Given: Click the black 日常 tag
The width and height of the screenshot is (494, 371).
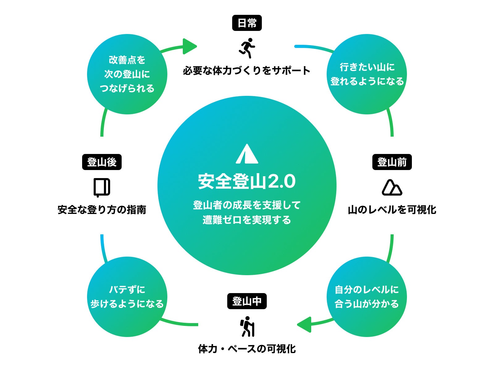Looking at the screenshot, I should pos(247,23).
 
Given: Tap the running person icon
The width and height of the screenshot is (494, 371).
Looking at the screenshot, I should pos(247,48).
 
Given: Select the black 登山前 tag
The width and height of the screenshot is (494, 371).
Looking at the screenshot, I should pos(392,162).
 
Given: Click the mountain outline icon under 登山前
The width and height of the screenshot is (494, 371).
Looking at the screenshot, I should pos(392,187).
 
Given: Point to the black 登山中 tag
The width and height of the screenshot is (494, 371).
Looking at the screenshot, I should pos(247,301).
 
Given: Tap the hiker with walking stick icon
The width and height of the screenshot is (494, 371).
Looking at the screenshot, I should pos(247,326).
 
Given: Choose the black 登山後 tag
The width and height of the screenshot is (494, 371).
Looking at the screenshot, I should pos(102,162).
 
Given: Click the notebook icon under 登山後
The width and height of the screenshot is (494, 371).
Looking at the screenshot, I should pos(102,187).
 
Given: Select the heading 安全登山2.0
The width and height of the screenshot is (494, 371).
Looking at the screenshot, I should pos(247,181).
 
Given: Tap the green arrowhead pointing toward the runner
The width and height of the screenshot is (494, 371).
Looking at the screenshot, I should pos(189,46).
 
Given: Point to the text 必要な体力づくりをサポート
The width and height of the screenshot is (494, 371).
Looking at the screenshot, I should pos(247,70).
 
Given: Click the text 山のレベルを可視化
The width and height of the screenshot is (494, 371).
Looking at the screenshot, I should pos(392,210).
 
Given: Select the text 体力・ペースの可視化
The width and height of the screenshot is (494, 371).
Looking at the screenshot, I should pos(247,349).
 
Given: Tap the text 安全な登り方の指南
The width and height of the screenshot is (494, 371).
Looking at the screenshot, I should pos(102,210).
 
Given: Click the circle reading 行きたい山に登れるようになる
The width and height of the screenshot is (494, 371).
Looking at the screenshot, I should pos(367,74).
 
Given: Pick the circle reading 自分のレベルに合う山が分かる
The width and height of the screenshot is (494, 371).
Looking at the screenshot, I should pos(367,297).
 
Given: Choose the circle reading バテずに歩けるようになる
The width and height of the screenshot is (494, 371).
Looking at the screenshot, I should pos(127,297).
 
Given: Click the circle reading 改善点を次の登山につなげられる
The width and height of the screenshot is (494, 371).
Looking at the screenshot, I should pos(127,74).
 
